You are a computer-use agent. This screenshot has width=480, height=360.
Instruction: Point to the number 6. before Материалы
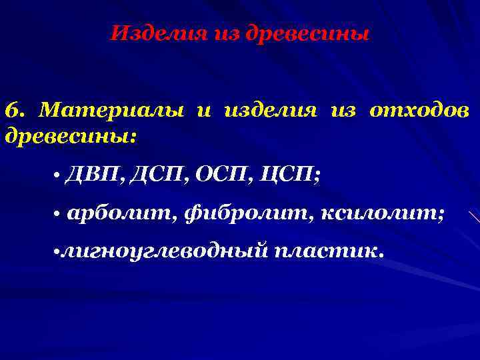17,109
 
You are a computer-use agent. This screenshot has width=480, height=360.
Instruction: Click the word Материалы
112,109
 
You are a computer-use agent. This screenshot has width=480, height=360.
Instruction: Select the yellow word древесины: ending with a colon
70,137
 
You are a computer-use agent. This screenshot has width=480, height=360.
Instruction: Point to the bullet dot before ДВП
58,177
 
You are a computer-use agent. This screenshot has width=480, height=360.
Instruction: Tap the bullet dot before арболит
58,215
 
